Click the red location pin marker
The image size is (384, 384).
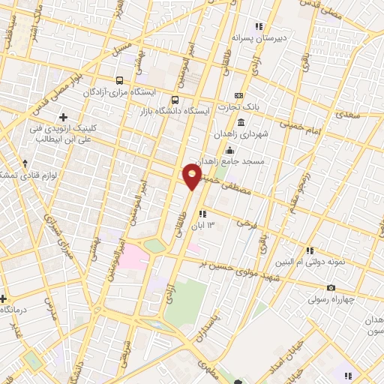click(192, 175)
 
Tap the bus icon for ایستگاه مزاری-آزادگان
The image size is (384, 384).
click(119, 80)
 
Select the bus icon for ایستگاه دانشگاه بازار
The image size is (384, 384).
click(175, 100)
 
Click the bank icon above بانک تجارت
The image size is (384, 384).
click(239, 96)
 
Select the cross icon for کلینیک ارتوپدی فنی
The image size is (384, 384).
click(63, 117)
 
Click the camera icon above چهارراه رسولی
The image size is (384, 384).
click(331, 288)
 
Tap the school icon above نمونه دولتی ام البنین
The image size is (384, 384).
click(309, 250)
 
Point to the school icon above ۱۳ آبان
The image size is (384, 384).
click(202, 214)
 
